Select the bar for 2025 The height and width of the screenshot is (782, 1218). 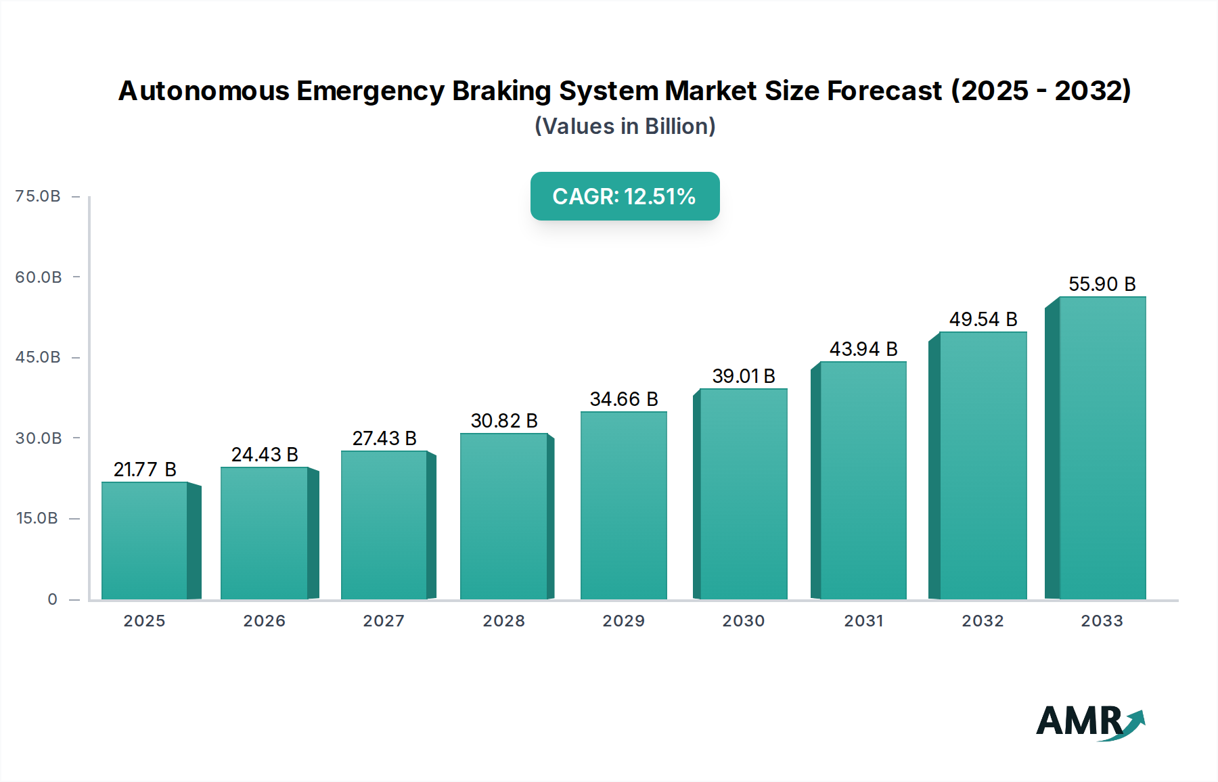[144, 540]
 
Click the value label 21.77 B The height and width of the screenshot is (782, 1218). [145, 469]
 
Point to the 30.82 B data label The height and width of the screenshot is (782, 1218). [504, 421]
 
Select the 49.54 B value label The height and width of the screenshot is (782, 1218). [983, 319]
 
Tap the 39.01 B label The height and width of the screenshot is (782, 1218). [744, 376]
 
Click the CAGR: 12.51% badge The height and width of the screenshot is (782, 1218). [625, 196]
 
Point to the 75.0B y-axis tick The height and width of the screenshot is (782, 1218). [38, 196]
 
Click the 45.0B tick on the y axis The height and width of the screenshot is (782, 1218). [38, 357]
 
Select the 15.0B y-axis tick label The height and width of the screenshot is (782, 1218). [37, 518]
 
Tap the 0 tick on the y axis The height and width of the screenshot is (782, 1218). [53, 599]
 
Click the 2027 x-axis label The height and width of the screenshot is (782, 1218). [384, 621]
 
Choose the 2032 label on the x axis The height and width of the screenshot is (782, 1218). [983, 621]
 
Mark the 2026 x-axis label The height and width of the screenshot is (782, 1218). [264, 621]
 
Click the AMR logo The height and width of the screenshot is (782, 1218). [1089, 722]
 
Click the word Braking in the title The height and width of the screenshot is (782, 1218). [501, 91]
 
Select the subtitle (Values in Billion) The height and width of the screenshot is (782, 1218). [625, 127]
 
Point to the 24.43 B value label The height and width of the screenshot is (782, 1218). [265, 455]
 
